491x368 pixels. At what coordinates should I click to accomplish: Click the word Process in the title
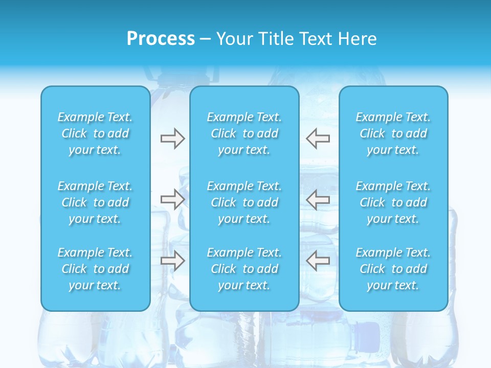[161, 39]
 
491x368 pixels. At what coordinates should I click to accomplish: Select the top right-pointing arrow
[172, 139]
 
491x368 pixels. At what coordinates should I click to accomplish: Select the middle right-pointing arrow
[172, 199]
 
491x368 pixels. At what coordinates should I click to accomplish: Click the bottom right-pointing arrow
[172, 261]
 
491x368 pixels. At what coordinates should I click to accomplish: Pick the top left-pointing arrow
[318, 139]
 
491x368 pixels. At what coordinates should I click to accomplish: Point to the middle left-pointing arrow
[318, 199]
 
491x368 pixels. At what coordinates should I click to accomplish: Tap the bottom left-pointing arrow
[318, 261]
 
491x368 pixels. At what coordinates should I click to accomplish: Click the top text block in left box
[95, 133]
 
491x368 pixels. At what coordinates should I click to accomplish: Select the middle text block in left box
[95, 202]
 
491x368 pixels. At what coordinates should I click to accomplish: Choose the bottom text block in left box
[95, 269]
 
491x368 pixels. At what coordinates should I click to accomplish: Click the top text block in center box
[244, 133]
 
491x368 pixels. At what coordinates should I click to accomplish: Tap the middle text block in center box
[244, 202]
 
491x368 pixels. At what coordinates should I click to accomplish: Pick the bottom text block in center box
[244, 269]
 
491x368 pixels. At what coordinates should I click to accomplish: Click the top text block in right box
[393, 133]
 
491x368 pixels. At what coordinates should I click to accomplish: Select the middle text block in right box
[393, 202]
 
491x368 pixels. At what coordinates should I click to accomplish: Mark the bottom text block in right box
[393, 269]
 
